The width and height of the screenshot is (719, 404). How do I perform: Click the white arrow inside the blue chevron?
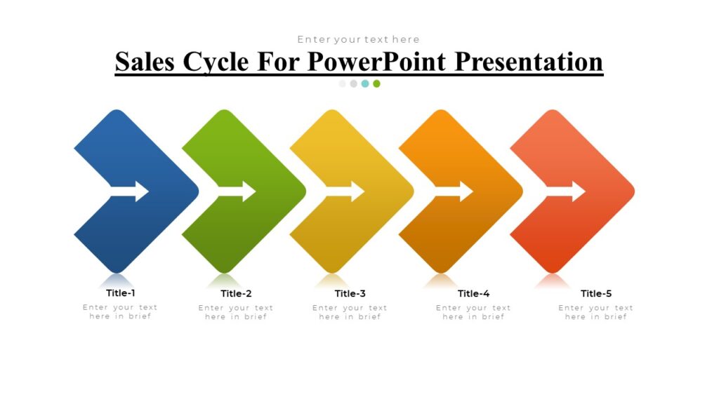coord(130,191)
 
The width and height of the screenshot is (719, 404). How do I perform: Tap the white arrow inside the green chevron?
coord(237,191)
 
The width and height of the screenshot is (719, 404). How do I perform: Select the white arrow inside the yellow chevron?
coord(345,191)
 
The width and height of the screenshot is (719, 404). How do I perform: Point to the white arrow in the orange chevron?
coord(454,191)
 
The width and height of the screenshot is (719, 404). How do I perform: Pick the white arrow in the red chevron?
coord(566,191)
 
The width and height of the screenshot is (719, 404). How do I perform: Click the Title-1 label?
coord(121,293)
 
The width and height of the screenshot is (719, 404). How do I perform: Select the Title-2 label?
coord(236,294)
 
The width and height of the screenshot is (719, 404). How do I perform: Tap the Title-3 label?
coord(350,294)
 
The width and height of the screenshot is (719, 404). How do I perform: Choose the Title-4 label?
coord(473,294)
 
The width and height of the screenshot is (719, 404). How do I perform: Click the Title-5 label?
coord(596,294)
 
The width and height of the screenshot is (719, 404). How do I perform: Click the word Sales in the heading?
coord(145,62)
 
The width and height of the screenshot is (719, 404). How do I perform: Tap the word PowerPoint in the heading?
coord(378,62)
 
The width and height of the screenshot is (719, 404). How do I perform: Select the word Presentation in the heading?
coord(529,62)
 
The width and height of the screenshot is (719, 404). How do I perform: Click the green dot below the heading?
coord(376,83)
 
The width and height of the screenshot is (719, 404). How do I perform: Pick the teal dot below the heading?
coord(365,83)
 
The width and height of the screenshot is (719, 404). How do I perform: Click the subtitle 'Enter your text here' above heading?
coord(358,39)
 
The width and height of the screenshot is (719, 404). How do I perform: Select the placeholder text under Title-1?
coord(120,312)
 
